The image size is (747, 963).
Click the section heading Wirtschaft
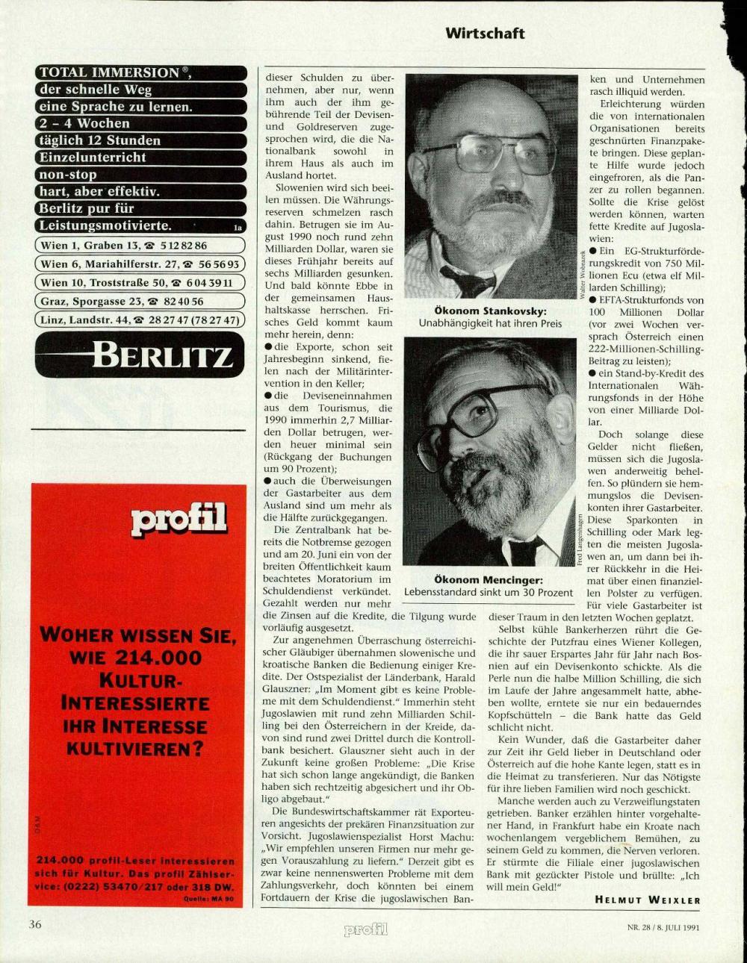coord(485,34)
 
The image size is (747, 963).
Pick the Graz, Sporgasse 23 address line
coord(123,302)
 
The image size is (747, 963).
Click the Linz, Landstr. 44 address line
coord(140,320)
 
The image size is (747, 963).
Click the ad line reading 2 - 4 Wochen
coord(84,124)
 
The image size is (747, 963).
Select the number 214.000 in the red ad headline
coord(159,658)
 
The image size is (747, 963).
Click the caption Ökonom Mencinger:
coord(489,580)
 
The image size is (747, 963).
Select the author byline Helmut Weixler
coord(647,900)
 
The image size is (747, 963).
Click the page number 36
coord(35,924)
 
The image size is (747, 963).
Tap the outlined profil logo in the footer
coord(365,929)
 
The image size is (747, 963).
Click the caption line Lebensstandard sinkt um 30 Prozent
coord(489,593)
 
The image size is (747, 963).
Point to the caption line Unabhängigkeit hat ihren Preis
coord(491,324)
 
